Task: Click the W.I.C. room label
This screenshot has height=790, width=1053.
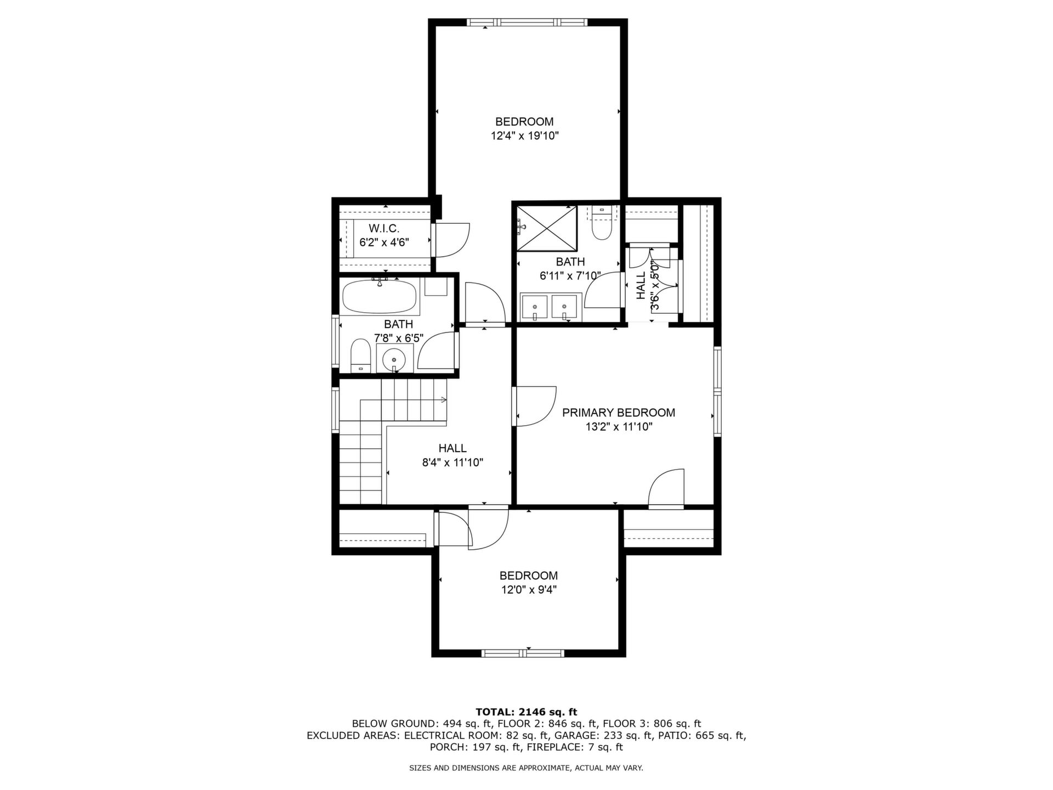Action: point(384,228)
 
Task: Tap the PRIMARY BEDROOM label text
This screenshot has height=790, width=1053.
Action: point(619,413)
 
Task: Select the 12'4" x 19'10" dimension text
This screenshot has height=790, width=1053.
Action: point(524,136)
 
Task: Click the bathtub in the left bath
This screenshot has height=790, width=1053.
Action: point(380,296)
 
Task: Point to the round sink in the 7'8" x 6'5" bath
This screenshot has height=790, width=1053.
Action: point(394,360)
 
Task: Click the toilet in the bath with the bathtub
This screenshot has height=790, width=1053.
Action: point(360,356)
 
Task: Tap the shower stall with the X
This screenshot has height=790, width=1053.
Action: point(547,228)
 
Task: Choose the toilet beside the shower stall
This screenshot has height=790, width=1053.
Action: point(602,223)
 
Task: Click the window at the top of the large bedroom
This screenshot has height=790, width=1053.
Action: point(527,22)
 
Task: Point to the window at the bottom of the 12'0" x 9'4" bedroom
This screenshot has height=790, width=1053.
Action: point(523,653)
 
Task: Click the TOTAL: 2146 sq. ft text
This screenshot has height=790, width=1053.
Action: point(526,712)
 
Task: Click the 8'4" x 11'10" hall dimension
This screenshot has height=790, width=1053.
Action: point(452,462)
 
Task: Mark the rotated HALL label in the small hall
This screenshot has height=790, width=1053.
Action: point(641,285)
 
